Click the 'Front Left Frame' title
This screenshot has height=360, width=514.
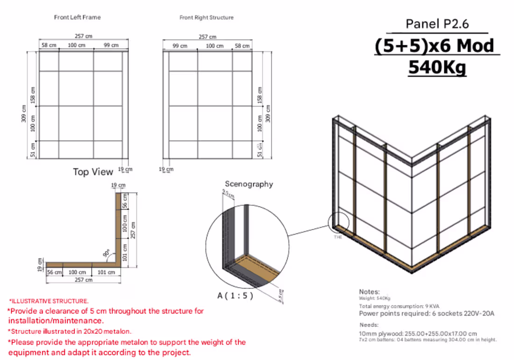pyautogui.click(x=77, y=17)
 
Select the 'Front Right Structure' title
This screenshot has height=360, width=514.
pyautogui.click(x=207, y=17)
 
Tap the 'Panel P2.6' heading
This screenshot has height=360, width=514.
pyautogui.click(x=436, y=24)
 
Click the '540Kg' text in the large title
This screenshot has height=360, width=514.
pyautogui.click(x=437, y=67)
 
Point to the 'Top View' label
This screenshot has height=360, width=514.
pyautogui.click(x=93, y=172)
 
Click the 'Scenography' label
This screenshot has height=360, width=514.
pyautogui.click(x=249, y=184)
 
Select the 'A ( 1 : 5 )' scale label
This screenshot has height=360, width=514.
pyautogui.click(x=236, y=295)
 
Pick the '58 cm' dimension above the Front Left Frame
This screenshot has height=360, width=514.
pyautogui.click(x=49, y=45)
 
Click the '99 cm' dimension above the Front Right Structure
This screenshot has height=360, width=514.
pyautogui.click(x=180, y=46)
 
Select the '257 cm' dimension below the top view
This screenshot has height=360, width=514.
pyautogui.click(x=83, y=280)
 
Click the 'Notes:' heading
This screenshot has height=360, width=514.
pyautogui.click(x=369, y=292)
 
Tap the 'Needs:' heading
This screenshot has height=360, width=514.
pyautogui.click(x=369, y=324)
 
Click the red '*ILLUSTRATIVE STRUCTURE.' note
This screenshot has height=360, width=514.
pyautogui.click(x=49, y=301)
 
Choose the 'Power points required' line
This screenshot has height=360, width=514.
pyautogui.click(x=426, y=313)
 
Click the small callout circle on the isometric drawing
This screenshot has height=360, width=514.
pyautogui.click(x=338, y=223)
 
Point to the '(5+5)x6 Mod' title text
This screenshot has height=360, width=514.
pyautogui.click(x=434, y=46)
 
